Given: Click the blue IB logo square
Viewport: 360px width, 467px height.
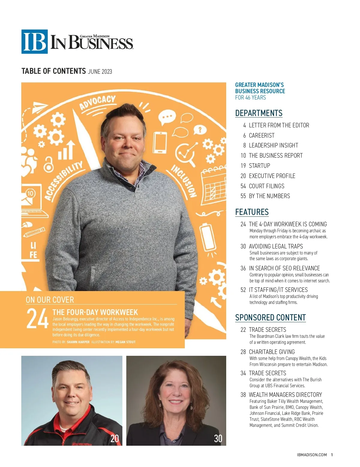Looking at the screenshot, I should (x=34, y=42).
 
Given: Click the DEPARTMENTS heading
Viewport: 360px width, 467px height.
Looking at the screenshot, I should (x=259, y=113).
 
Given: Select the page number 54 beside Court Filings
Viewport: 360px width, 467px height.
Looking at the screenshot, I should (x=243, y=186).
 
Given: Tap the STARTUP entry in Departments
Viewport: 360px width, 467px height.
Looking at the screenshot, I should (x=259, y=166).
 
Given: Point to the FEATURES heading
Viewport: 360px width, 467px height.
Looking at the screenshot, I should (x=252, y=212).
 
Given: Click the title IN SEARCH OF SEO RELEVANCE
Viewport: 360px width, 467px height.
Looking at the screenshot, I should (x=284, y=268).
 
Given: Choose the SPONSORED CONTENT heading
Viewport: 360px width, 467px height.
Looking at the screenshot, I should (x=270, y=318).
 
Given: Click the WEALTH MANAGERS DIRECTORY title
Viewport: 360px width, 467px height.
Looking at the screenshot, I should (x=285, y=395).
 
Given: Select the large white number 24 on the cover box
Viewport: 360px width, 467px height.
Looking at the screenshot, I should (x=37, y=319).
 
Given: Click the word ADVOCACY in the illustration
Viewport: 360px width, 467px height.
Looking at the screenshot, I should (x=97, y=103).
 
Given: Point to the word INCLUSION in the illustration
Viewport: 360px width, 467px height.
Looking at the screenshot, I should (x=184, y=181).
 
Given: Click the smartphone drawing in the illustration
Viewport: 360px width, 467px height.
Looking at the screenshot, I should (x=160, y=143).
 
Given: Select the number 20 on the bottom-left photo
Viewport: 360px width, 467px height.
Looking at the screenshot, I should (x=115, y=439).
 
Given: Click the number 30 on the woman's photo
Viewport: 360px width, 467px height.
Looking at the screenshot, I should (x=218, y=439).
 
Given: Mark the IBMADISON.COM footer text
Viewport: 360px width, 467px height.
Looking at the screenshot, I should (x=312, y=455).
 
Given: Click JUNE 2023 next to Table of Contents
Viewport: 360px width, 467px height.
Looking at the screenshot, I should (x=100, y=72).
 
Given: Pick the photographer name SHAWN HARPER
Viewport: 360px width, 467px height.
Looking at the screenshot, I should (x=78, y=342).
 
